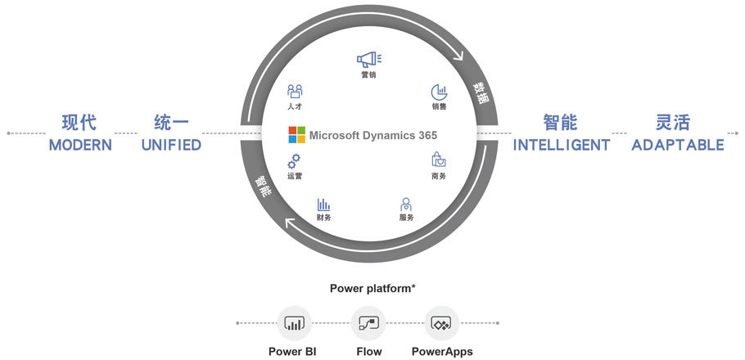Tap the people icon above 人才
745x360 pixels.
coord(296,92)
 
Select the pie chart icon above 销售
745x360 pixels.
coord(440,92)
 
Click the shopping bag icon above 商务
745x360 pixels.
coord(439,160)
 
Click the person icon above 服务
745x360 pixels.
coord(406,204)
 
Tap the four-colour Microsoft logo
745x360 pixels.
coord(296,135)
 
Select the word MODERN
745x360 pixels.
coord(79,145)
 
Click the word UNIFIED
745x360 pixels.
coord(171,145)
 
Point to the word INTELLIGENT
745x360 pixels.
coord(562,145)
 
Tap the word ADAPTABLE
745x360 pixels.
coord(678,145)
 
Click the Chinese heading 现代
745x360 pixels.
coord(79,123)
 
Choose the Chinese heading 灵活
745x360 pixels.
coord(674,123)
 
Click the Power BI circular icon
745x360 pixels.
coord(293,324)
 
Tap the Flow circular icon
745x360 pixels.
coord(368,324)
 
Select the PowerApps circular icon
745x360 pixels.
coord(441,324)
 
